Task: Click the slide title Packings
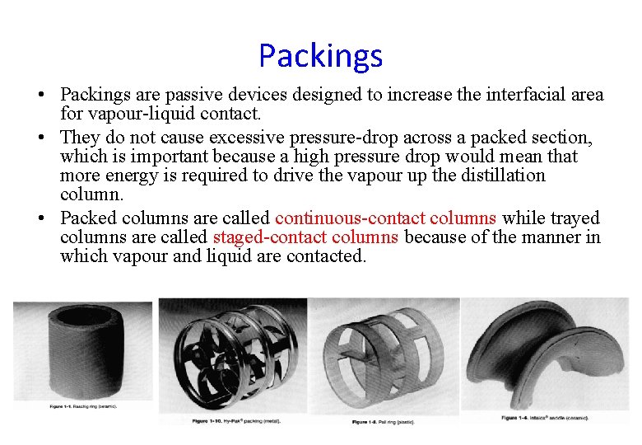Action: (x=320, y=56)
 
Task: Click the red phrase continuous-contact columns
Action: (x=385, y=218)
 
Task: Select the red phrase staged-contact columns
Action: (x=305, y=237)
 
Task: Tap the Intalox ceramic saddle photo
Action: (x=545, y=354)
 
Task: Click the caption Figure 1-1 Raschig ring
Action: (x=81, y=407)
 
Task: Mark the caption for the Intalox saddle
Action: (x=544, y=418)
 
